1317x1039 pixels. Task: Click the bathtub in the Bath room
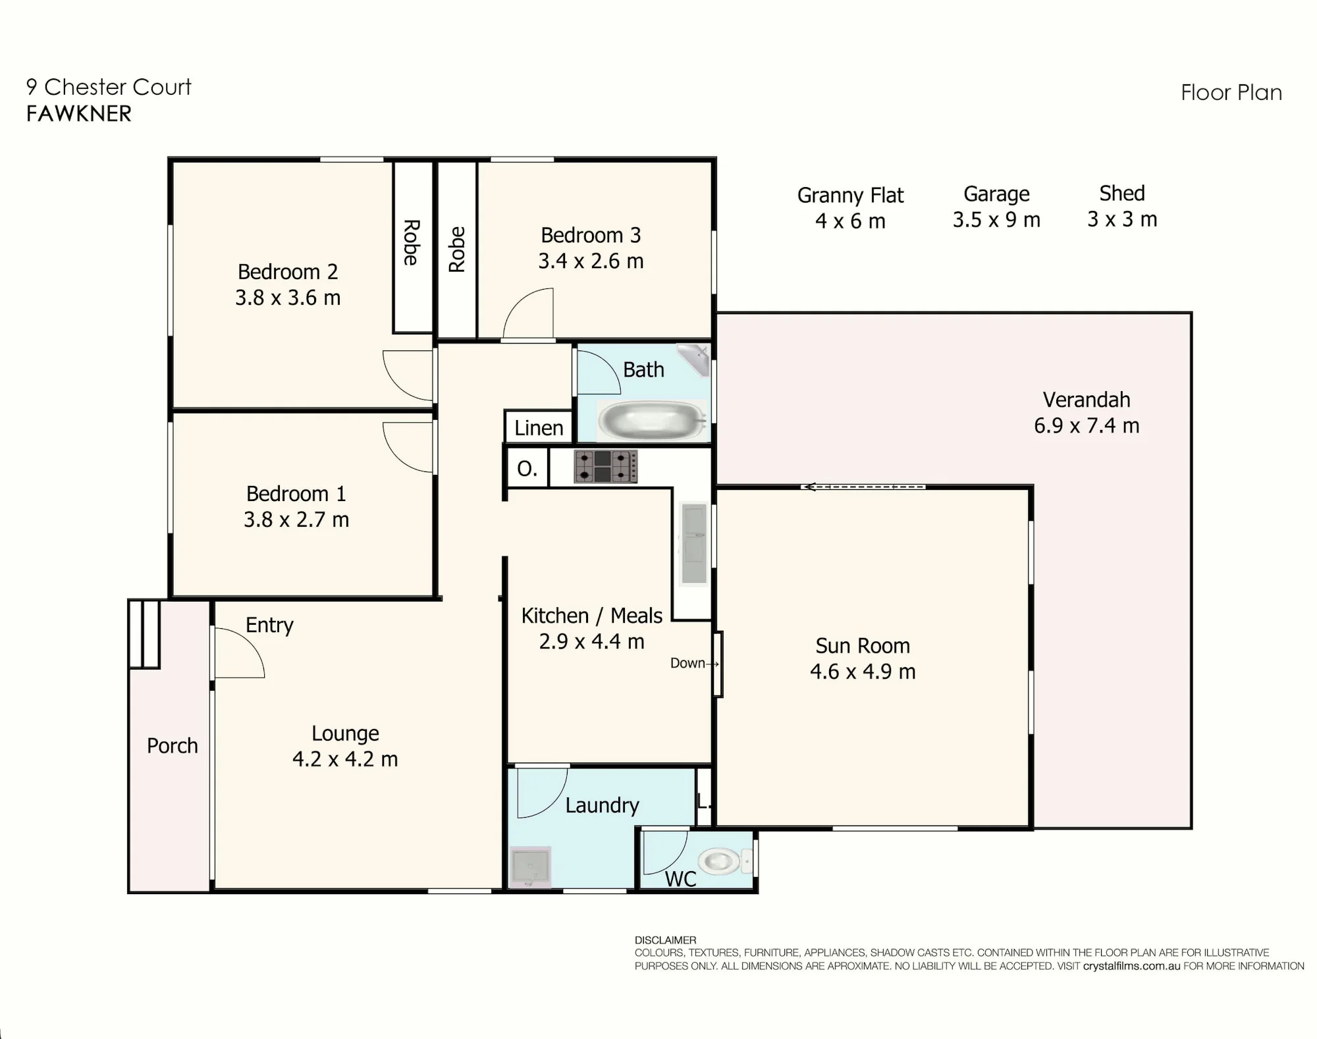pyautogui.click(x=651, y=419)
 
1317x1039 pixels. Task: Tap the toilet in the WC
pyautogui.click(x=724, y=861)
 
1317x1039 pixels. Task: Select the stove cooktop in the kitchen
pyautogui.click(x=605, y=467)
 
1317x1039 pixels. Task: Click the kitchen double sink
pyautogui.click(x=694, y=543)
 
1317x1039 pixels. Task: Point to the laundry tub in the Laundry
pyautogui.click(x=530, y=866)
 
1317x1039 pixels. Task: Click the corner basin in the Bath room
pyautogui.click(x=695, y=359)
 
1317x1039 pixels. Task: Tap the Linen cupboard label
pyautogui.click(x=539, y=428)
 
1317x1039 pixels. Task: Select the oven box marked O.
pyautogui.click(x=527, y=468)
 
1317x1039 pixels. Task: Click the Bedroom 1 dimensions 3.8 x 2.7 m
pyautogui.click(x=296, y=519)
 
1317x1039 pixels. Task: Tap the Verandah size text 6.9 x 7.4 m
pyautogui.click(x=1087, y=425)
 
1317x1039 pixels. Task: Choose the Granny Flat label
pyautogui.click(x=850, y=196)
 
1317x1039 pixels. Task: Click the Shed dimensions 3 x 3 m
pyautogui.click(x=1122, y=219)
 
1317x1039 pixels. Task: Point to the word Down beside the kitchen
pyautogui.click(x=687, y=663)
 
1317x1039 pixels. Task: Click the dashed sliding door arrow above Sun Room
pyautogui.click(x=863, y=487)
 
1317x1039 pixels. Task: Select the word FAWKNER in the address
pyautogui.click(x=79, y=114)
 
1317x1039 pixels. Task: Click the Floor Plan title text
pyautogui.click(x=1231, y=93)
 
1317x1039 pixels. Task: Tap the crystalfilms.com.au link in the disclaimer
pyautogui.click(x=1131, y=966)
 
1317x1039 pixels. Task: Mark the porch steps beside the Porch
pyautogui.click(x=144, y=633)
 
